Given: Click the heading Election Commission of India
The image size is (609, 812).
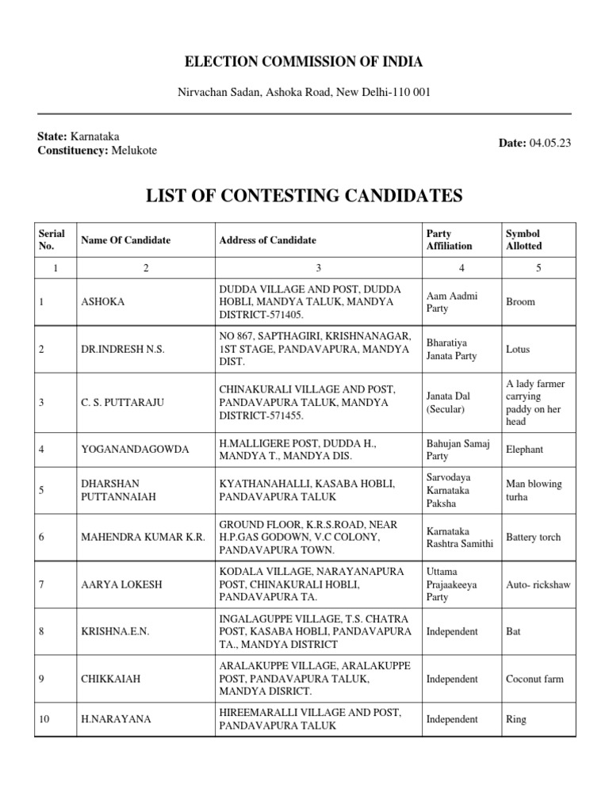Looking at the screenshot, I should coord(304,62).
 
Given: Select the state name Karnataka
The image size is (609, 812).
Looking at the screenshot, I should coord(96,136).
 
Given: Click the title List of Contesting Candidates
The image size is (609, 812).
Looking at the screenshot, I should coord(304,195).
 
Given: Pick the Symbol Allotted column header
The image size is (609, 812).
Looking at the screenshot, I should coord(524,240).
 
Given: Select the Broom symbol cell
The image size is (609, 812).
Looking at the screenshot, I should coord(520,302).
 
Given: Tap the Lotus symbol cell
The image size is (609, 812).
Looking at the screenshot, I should coord(518,349).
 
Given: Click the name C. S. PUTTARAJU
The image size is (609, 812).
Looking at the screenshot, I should coord(122,403).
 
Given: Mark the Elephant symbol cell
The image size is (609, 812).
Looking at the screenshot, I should coord(524,450).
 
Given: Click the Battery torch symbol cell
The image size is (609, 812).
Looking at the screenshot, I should coord(533,537).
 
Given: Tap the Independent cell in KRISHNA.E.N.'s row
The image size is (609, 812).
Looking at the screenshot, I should coord(452,632).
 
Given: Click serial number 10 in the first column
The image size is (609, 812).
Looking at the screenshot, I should coord(44,719).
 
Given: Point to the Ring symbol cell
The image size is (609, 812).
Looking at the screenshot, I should coord(516,719).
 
